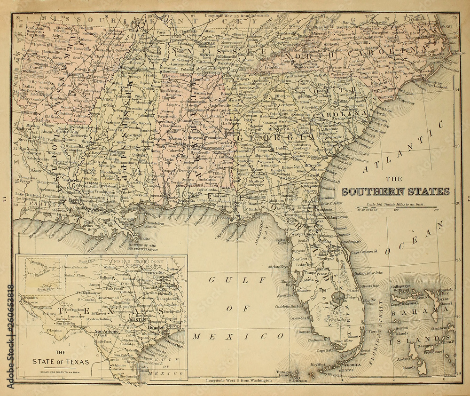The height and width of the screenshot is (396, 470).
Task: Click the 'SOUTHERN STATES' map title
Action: point(395,191)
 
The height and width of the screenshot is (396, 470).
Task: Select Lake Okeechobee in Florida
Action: point(337,297)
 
